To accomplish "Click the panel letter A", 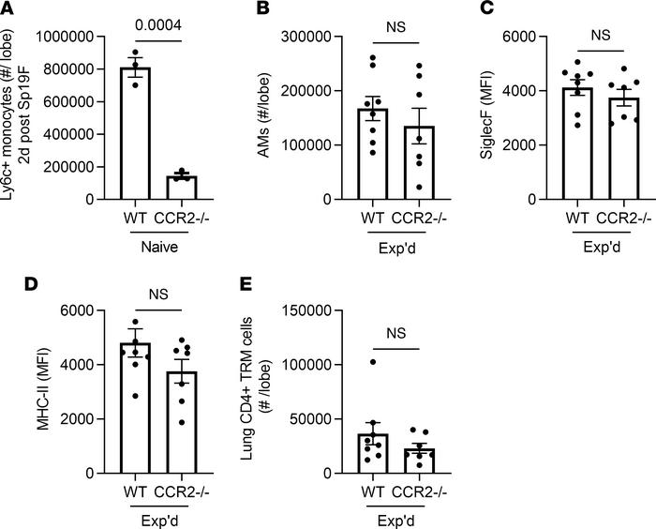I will pos(9,10).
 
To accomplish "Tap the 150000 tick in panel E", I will pos(302,310).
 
